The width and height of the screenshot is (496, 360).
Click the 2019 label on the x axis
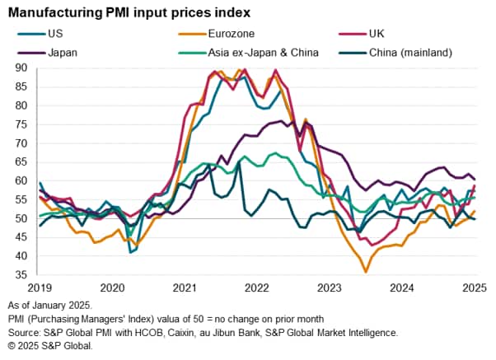pyautogui.click(x=40, y=288)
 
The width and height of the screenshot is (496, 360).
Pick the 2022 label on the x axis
pyautogui.click(x=257, y=288)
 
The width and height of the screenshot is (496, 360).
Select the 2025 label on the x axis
pyautogui.click(x=473, y=288)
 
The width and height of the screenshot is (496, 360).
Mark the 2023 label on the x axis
pyautogui.click(x=330, y=288)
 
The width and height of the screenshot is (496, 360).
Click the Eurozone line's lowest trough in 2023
pyautogui.click(x=366, y=272)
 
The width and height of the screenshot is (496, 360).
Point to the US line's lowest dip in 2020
pyautogui.click(x=131, y=252)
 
